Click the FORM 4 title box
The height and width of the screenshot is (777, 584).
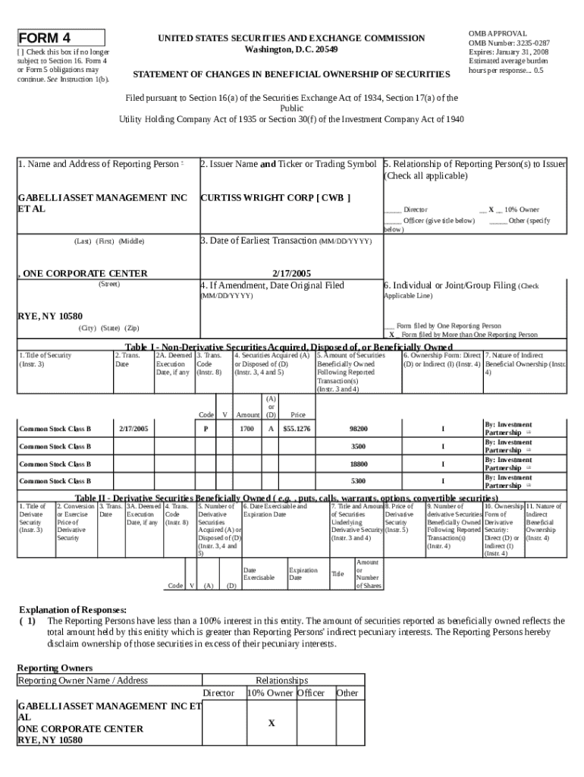point(61,38)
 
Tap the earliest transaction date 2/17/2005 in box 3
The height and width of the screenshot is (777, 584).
point(290,273)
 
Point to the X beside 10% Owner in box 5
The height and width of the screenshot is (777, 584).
point(491,209)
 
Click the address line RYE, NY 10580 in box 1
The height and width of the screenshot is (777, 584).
point(50,316)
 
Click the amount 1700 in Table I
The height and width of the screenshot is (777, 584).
point(247,429)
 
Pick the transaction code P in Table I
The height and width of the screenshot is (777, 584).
point(206,429)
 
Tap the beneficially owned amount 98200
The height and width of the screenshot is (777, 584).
point(358,429)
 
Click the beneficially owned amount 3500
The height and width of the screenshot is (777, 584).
point(358,446)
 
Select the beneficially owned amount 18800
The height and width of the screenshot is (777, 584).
point(358,464)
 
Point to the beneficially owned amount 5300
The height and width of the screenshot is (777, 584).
point(358,481)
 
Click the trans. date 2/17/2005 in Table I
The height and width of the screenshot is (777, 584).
point(133,429)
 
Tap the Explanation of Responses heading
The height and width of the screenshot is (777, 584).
point(72,609)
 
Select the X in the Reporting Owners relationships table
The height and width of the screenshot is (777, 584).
point(271,723)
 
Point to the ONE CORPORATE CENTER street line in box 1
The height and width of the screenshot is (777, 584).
point(83,273)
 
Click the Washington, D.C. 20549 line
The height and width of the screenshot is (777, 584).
point(291,49)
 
